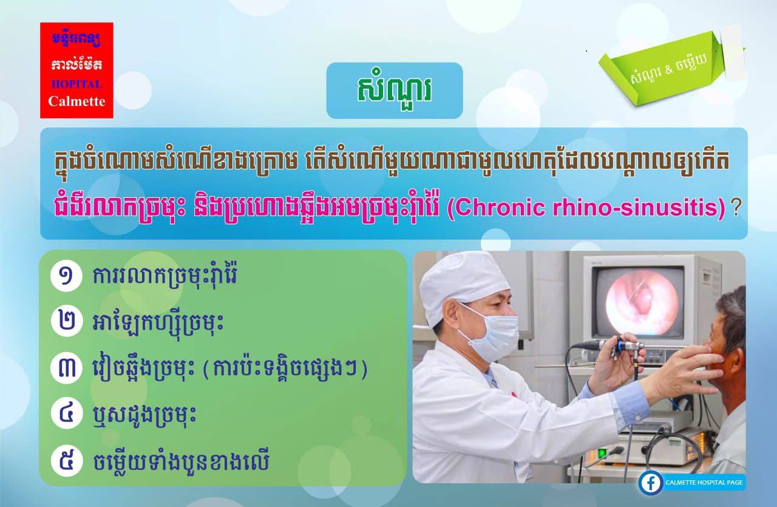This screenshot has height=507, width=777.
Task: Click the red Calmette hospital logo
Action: [x=76, y=70]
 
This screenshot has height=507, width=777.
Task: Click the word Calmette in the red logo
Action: [x=76, y=101]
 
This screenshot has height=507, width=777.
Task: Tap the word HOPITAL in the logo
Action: [x=76, y=84]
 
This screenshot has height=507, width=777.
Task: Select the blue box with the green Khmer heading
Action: [x=395, y=90]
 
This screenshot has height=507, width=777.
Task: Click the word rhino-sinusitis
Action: [x=635, y=208]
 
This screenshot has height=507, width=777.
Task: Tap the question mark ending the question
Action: [x=735, y=208]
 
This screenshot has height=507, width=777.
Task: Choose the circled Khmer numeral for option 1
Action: [x=66, y=276]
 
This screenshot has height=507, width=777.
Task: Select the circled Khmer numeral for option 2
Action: [x=67, y=321]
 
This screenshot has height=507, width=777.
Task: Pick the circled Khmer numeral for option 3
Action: [x=66, y=367]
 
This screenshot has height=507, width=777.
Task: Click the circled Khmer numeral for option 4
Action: [x=67, y=413]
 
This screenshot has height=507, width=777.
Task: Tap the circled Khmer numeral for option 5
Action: [x=67, y=460]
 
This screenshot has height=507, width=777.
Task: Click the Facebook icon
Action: [x=650, y=483]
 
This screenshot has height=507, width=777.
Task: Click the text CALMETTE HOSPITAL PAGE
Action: [x=704, y=483]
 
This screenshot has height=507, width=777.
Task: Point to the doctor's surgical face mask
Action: [x=491, y=335]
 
